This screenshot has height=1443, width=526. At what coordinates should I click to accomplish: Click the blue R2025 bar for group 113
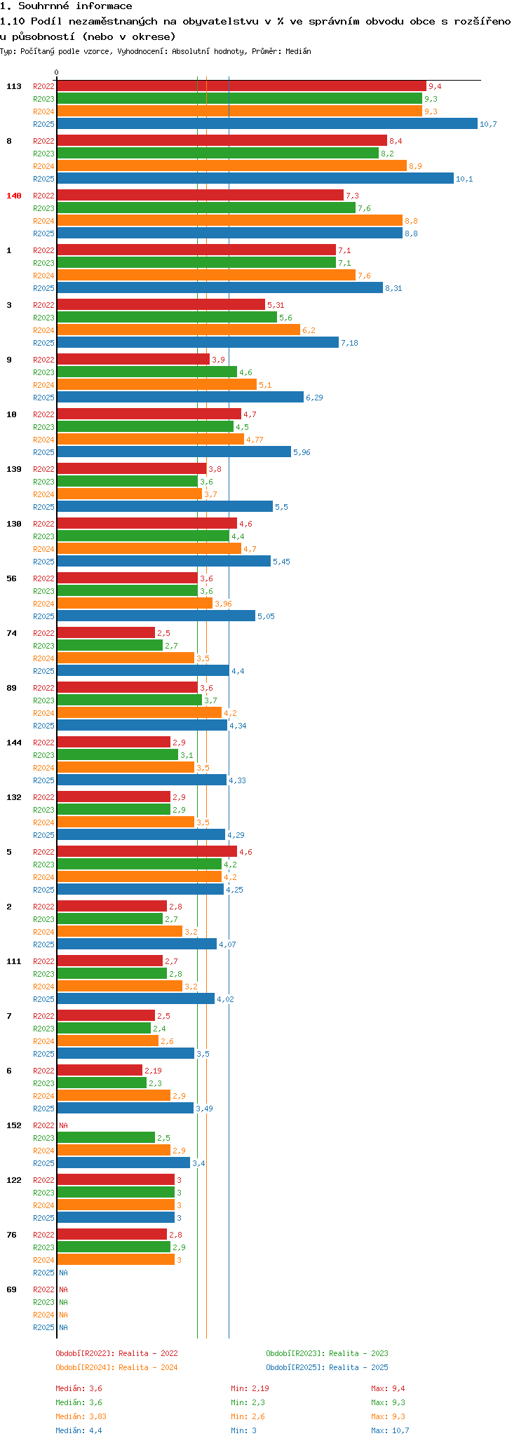click(267, 123)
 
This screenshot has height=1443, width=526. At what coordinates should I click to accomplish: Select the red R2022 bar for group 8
click(222, 140)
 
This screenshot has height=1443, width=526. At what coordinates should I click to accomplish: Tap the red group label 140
click(14, 196)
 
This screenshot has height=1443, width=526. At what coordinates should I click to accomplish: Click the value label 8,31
click(393, 288)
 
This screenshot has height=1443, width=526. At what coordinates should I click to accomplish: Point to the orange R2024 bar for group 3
click(178, 330)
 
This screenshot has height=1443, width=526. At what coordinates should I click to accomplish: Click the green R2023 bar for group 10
click(145, 426)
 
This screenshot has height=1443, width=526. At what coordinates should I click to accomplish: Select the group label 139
click(14, 469)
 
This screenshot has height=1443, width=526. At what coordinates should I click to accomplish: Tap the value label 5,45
click(281, 562)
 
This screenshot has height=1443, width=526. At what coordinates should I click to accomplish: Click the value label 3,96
click(223, 604)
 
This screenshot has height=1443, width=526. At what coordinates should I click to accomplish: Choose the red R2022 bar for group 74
click(106, 632)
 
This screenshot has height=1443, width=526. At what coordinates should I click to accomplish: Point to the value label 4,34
click(238, 726)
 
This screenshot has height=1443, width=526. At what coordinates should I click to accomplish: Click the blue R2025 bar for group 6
click(125, 1108)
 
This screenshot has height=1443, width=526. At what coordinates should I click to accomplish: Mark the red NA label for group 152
click(63, 1125)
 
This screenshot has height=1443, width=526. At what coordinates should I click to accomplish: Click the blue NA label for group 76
click(63, 1273)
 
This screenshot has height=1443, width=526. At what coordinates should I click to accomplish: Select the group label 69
click(11, 1289)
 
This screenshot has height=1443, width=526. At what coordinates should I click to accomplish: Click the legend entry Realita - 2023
click(327, 1353)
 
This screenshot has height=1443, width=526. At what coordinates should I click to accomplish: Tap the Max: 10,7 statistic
click(390, 1430)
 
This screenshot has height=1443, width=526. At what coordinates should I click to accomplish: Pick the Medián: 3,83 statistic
click(81, 1416)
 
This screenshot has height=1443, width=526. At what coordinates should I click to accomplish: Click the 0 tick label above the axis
click(57, 72)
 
